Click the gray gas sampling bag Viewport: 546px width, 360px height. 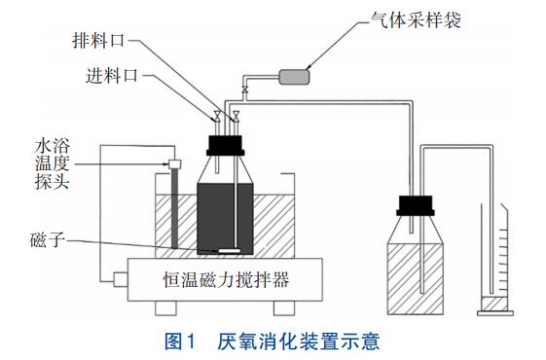pyautogui.click(x=294, y=77)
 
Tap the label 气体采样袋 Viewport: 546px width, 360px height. pyautogui.click(x=416, y=19)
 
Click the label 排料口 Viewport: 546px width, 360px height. pyautogui.click(x=98, y=41)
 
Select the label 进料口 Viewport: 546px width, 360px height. pyautogui.click(x=112, y=75)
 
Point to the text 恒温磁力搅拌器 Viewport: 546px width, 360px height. pyautogui.click(x=227, y=279)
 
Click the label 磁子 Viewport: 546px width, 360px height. pyautogui.click(x=48, y=240)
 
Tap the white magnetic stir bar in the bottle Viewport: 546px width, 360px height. pyautogui.click(x=229, y=250)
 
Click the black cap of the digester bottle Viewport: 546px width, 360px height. pyautogui.click(x=225, y=145)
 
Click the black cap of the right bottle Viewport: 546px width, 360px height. pyautogui.click(x=416, y=205)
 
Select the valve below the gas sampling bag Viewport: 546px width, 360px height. pyautogui.click(x=245, y=90)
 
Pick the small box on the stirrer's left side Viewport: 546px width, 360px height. pyautogui.click(x=121, y=279)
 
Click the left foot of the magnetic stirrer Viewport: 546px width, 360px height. pyautogui.click(x=165, y=308)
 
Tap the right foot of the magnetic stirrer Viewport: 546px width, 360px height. pyautogui.click(x=284, y=308)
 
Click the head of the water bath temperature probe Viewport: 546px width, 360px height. pyautogui.click(x=174, y=163)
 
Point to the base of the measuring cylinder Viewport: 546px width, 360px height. pyautogui.click(x=495, y=313)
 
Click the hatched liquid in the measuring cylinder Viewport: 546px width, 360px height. pyautogui.click(x=494, y=304)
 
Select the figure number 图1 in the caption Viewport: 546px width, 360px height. pyautogui.click(x=181, y=342)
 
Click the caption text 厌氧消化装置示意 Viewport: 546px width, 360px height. pyautogui.click(x=299, y=342)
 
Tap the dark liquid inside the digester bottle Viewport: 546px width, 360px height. pyautogui.click(x=225, y=219)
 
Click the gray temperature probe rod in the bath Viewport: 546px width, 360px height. pyautogui.click(x=174, y=208)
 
